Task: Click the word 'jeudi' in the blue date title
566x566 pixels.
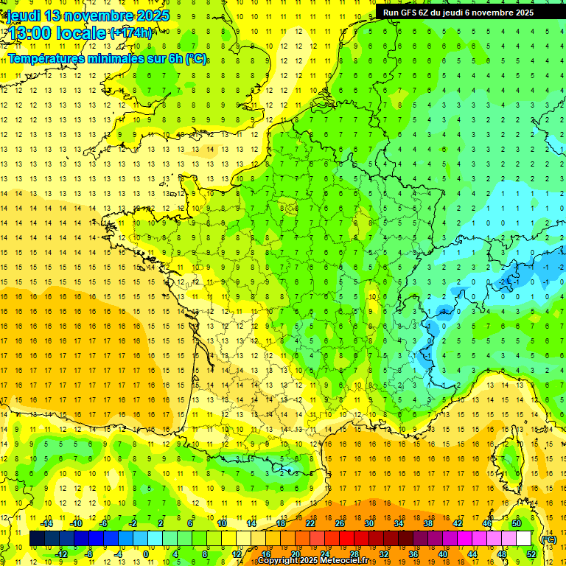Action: point(22,15)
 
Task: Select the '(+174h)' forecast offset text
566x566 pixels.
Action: point(130,32)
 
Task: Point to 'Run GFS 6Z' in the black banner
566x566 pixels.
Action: point(408,13)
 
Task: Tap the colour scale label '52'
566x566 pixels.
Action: point(531,554)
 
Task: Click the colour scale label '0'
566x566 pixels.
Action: point(147,554)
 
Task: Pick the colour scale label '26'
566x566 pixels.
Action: point(340,523)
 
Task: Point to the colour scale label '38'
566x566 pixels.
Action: point(428,523)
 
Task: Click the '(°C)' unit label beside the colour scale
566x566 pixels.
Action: point(549,539)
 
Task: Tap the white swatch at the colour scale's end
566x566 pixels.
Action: point(523,539)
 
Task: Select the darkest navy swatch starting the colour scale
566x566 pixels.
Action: point(37,539)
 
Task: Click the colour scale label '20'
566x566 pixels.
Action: point(295,554)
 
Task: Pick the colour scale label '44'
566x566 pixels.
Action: point(472,554)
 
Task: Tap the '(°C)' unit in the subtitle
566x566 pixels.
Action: point(196,59)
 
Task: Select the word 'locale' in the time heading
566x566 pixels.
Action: point(82,34)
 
